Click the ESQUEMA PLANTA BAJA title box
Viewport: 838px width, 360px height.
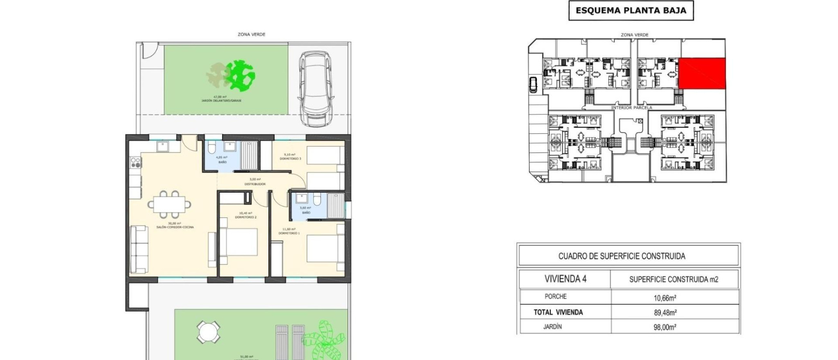tap(631, 11)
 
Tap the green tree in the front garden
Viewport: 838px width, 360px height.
tap(241, 76)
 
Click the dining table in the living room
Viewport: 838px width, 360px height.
tap(169, 204)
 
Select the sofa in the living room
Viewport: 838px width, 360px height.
tap(139, 250)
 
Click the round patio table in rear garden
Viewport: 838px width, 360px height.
tap(208, 332)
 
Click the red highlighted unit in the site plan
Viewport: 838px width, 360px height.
tap(702, 73)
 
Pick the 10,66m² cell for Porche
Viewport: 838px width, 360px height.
tap(665, 298)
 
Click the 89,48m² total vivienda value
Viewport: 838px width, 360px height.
tap(665, 313)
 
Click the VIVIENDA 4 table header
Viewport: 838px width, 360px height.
tap(565, 279)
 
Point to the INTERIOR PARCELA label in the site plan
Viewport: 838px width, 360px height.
tap(631, 108)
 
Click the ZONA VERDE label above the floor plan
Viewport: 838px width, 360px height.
tap(251, 34)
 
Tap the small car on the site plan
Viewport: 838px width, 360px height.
tap(533, 85)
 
